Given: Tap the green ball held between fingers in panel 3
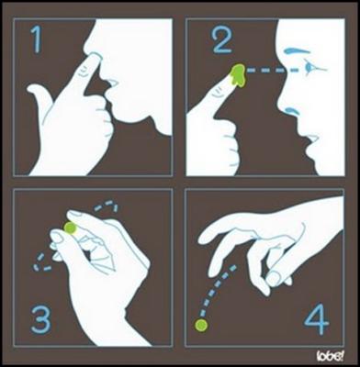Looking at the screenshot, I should pyautogui.click(x=70, y=226).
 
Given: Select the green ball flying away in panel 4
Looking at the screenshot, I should pyautogui.click(x=201, y=324).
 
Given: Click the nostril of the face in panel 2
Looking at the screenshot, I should pyautogui.click(x=293, y=109).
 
